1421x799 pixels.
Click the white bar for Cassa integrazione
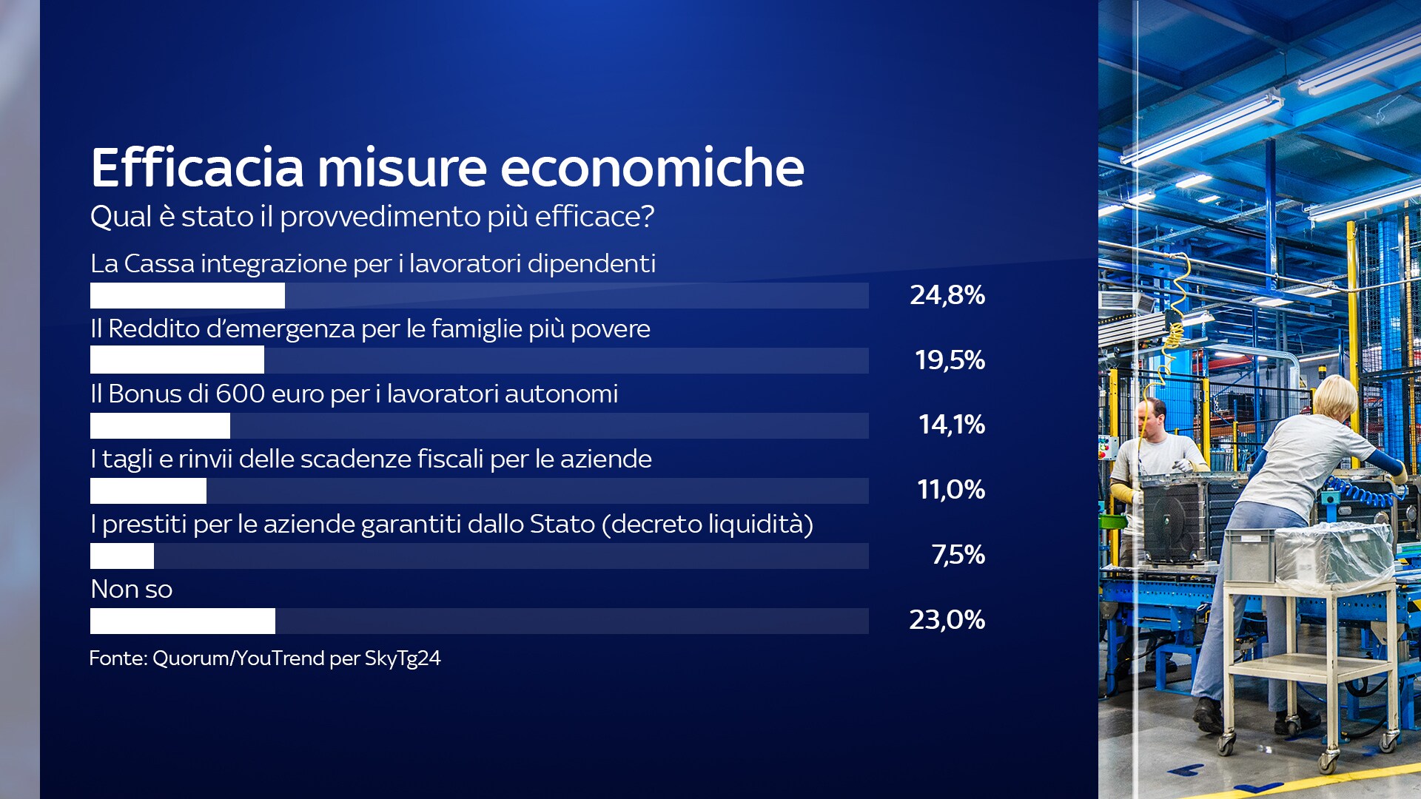(187, 295)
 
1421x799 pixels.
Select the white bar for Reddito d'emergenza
(177, 360)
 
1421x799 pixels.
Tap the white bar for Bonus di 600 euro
(160, 425)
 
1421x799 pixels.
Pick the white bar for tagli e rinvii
(148, 490)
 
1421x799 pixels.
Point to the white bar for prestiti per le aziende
(122, 556)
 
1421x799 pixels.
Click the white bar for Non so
(183, 621)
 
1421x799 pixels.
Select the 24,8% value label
(947, 295)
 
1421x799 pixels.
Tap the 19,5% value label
(950, 360)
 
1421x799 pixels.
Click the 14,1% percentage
(952, 425)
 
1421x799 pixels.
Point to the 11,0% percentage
(951, 490)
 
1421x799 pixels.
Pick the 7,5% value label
(958, 555)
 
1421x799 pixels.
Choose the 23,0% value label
(947, 620)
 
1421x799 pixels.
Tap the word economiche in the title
(653, 167)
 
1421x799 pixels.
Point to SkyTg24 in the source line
(403, 658)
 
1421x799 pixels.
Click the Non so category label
(132, 590)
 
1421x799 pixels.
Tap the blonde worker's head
(1334, 399)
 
